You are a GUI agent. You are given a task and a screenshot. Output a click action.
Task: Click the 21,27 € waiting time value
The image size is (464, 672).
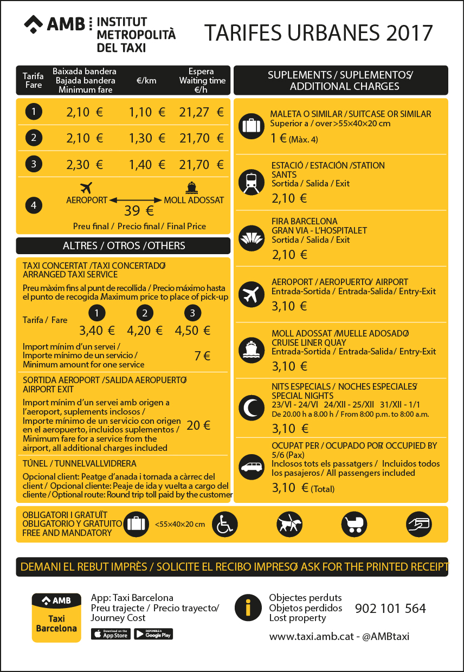[201, 112]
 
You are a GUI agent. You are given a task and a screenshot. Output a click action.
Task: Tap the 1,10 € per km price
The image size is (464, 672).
[147, 112]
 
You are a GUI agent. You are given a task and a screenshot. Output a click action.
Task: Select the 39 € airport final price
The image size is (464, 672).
[139, 210]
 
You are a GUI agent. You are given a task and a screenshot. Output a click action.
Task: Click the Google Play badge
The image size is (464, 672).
[153, 634]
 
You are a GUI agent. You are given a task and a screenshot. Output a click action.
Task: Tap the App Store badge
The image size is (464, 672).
[111, 634]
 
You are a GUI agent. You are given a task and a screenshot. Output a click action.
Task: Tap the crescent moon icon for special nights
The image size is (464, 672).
[252, 406]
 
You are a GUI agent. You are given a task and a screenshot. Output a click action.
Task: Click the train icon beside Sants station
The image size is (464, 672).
[252, 183]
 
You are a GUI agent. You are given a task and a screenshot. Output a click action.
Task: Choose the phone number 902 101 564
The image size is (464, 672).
[390, 609]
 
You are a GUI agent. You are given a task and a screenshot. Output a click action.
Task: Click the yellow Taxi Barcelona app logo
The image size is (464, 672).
[56, 617]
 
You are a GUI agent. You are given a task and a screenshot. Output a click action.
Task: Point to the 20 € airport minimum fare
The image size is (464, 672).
[198, 425]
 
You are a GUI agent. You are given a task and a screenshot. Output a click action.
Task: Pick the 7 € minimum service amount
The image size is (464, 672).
[202, 356]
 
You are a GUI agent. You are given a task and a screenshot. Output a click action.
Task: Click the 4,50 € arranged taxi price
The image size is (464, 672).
[192, 330]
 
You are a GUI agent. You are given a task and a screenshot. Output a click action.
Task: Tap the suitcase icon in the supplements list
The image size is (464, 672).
[252, 126]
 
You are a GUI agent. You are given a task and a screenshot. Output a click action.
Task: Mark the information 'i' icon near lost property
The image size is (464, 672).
[248, 608]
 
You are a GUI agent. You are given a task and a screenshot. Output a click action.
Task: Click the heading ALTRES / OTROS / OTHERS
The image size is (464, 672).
[124, 245]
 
